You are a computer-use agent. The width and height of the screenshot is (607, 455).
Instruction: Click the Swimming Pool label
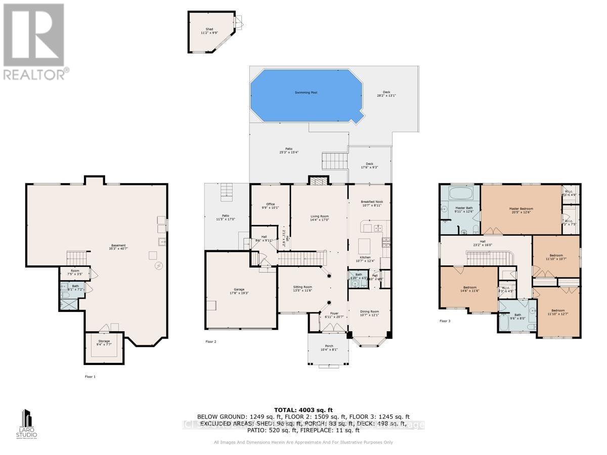click(307, 93)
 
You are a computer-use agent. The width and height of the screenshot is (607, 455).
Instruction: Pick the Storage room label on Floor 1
click(104, 341)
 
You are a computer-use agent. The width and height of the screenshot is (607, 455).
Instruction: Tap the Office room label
click(270, 204)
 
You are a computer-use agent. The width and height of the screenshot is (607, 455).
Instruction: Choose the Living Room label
click(319, 216)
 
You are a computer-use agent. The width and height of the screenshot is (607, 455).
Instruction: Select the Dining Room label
click(369, 311)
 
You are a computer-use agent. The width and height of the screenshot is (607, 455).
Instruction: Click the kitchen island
click(365, 246)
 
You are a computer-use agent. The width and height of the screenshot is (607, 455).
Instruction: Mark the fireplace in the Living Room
click(318, 181)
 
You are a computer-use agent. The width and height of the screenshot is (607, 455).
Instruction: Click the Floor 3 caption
click(445, 321)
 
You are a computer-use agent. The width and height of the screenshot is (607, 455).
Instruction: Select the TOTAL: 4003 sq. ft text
click(303, 409)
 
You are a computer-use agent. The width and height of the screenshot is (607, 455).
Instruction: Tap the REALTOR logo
click(34, 41)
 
